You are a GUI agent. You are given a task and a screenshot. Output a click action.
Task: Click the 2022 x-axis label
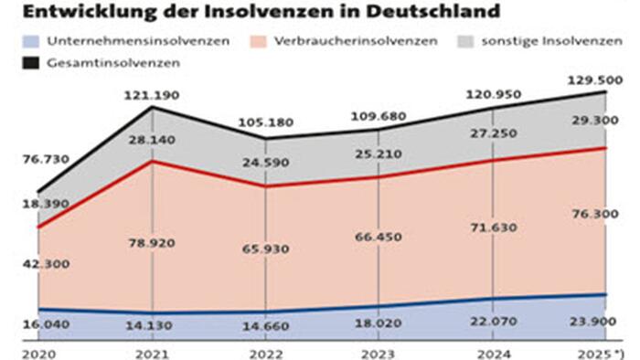tap(265, 350)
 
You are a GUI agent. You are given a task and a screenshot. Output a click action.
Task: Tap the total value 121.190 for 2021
tap(151, 94)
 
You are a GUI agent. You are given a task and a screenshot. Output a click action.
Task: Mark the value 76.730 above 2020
tap(43, 160)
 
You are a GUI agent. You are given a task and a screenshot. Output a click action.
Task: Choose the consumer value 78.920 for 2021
tap(151, 243)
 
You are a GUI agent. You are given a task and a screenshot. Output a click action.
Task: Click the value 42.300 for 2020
tap(43, 264)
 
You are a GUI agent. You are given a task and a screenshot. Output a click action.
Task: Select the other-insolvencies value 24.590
tap(265, 164)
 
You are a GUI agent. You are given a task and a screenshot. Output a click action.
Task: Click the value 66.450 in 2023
tap(378, 238)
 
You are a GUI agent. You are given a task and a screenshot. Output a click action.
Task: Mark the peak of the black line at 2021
tap(152, 108)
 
